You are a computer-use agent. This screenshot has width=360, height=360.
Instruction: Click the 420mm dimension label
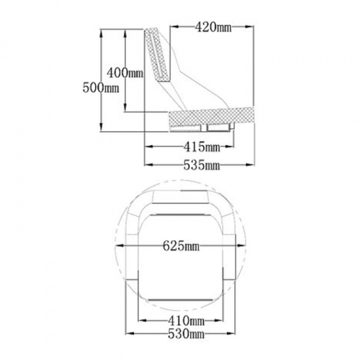213,27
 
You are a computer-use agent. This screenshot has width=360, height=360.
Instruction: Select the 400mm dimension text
125,73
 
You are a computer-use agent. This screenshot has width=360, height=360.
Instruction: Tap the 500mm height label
101,87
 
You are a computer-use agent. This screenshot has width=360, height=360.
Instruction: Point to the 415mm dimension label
201,146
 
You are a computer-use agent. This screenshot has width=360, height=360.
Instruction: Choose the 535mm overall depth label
201,165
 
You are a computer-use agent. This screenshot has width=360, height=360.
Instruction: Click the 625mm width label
181,246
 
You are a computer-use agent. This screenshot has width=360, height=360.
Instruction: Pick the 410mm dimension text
186,320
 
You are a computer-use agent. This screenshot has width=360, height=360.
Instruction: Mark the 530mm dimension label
186,333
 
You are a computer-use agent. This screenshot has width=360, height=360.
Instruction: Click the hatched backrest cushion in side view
157,55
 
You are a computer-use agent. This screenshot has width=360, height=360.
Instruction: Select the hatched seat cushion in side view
211,117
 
